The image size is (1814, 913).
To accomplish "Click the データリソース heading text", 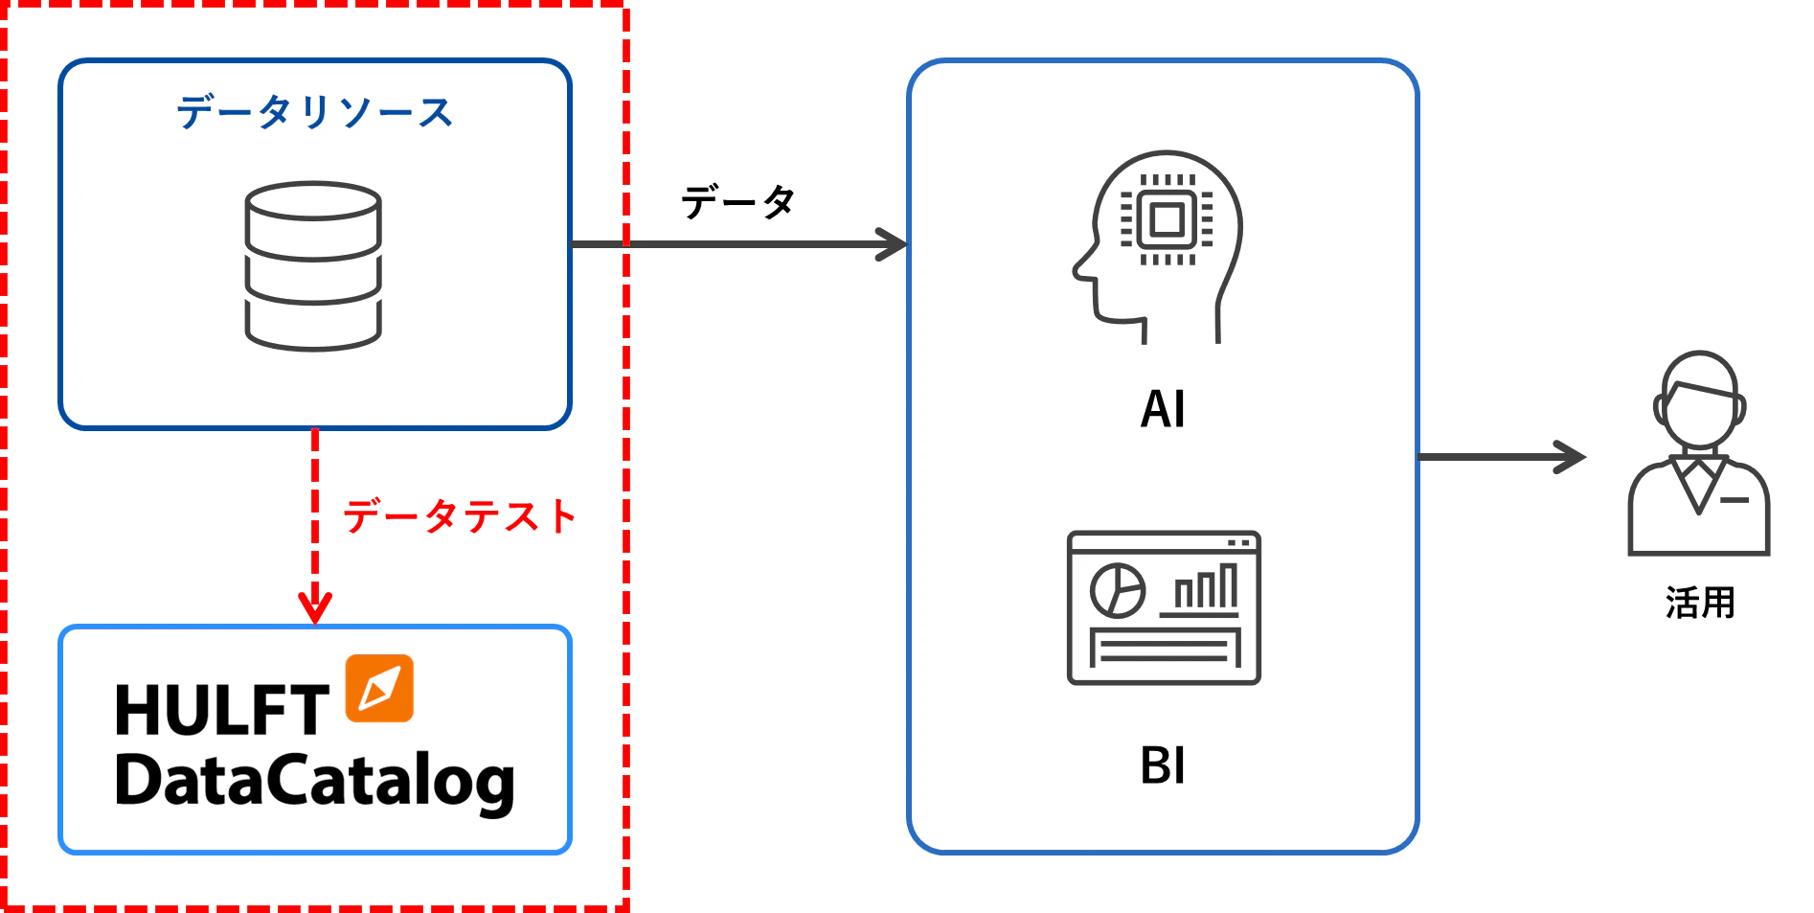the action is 314,112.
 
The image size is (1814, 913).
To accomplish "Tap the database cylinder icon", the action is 313,266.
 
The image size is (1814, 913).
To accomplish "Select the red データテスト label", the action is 460,516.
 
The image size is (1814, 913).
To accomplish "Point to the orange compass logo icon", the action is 379,688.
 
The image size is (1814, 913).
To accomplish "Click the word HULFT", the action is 221,710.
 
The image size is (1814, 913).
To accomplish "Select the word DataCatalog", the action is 314,781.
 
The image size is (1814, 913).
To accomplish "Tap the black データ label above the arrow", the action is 737,202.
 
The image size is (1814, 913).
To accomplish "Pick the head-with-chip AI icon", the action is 1158,246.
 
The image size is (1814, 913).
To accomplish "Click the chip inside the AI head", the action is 1167,220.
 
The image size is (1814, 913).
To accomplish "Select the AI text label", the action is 1163,409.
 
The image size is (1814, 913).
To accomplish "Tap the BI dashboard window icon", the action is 1164,607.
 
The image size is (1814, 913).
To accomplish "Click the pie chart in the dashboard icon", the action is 1118,590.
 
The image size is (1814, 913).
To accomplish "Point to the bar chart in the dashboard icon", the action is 1201,588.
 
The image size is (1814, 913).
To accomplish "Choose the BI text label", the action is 1163,765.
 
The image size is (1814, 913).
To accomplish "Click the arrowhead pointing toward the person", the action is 1571,457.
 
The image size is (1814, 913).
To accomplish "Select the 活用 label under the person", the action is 1700,603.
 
